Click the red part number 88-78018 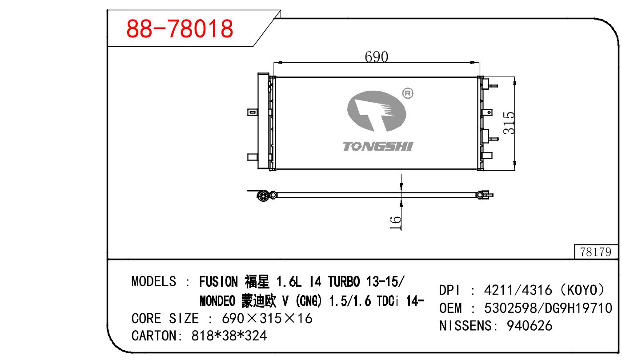pyautogui.click(x=180, y=28)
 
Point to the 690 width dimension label pyautogui.click(x=376, y=57)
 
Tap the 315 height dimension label pyautogui.click(x=509, y=123)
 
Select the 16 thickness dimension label pyautogui.click(x=395, y=223)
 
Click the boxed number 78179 pyautogui.click(x=596, y=252)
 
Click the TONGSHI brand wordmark pyautogui.click(x=378, y=146)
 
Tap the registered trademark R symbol pyautogui.click(x=408, y=93)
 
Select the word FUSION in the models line pyautogui.click(x=219, y=281)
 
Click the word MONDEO pyautogui.click(x=217, y=301)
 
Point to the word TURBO pyautogui.click(x=344, y=281)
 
